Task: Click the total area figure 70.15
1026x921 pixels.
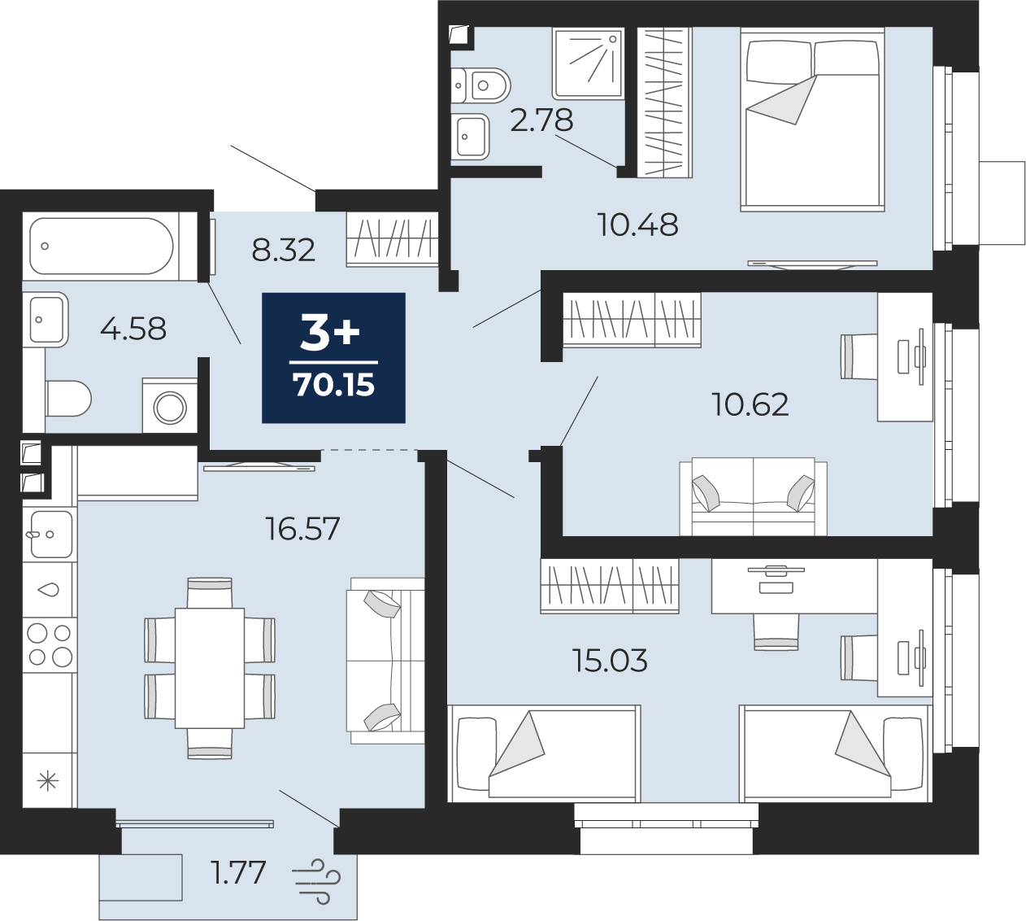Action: pos(333,385)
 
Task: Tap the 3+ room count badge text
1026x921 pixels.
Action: pos(330,332)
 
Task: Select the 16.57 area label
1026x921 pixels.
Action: pos(302,530)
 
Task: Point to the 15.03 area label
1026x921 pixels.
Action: pos(610,661)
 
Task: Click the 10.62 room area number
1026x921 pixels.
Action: pos(750,404)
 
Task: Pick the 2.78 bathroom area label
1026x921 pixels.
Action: pos(541,120)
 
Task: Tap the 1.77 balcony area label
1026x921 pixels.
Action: pos(238,873)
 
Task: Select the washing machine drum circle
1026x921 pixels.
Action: pos(171,407)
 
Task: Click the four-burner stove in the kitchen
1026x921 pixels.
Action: pos(50,644)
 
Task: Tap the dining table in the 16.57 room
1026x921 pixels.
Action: pos(210,668)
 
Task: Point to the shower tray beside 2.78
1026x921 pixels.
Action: pos(588,63)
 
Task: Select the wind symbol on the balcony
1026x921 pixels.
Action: pos(316,881)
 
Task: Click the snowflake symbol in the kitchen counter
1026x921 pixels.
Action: pos(48,782)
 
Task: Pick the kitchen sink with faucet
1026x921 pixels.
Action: pos(50,535)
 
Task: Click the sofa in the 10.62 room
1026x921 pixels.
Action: pos(753,496)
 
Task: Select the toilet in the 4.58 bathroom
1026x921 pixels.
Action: pos(67,399)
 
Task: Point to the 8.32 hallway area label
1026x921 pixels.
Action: pos(283,251)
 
